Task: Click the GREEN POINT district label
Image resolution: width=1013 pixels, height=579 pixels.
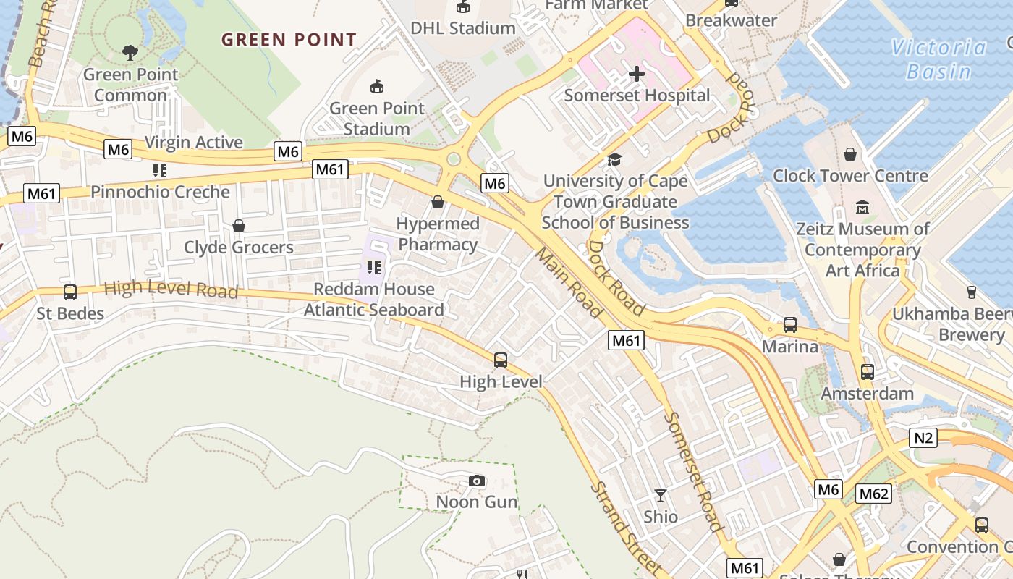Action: coord(289,40)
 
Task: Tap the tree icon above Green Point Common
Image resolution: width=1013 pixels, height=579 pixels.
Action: coord(130,52)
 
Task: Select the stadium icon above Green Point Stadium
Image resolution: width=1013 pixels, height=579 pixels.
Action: coord(376,87)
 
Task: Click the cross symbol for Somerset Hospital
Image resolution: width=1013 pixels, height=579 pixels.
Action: coord(637,74)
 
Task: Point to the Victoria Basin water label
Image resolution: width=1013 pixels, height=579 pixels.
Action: coord(938,59)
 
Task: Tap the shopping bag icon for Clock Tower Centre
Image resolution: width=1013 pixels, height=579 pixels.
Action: coord(850,154)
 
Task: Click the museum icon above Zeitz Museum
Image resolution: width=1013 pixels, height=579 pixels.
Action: coord(862,208)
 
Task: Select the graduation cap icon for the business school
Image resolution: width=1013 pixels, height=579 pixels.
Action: coord(614,159)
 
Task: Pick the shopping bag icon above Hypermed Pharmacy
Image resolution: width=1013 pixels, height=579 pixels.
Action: coord(437,202)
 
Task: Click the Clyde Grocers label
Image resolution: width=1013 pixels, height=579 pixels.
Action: coord(238,248)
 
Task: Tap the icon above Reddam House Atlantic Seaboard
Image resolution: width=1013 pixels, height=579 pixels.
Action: coord(373,268)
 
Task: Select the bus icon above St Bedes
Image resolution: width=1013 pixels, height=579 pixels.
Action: coord(70,292)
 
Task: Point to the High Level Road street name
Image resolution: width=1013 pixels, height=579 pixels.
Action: coord(171,289)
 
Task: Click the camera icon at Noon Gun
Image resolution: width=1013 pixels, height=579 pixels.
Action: coord(476,481)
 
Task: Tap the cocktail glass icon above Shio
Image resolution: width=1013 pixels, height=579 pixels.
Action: coord(660,496)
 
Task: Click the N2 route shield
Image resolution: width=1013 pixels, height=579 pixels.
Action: coord(924,437)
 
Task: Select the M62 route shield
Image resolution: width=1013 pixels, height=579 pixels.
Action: coord(873,494)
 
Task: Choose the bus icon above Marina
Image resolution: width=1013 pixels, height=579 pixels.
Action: coord(790,325)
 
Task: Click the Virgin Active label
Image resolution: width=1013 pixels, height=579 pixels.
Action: coord(194,142)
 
